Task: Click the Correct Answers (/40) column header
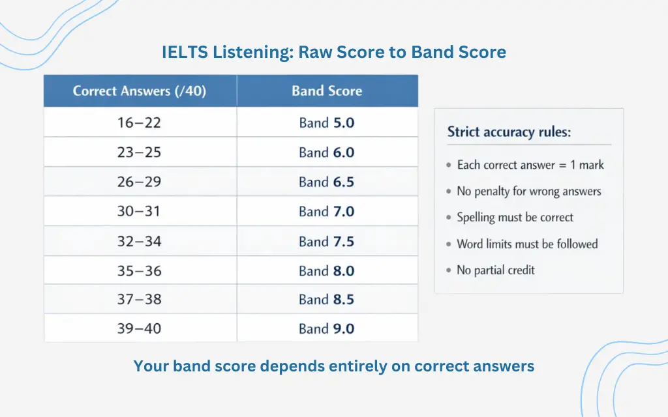[x=140, y=91]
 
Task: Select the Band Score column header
[x=327, y=91]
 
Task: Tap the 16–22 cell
[x=140, y=122]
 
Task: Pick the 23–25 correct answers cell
[x=140, y=152]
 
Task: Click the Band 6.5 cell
[x=327, y=182]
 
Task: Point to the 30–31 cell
[x=140, y=211]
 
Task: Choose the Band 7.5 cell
[x=327, y=241]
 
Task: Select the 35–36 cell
[x=140, y=270]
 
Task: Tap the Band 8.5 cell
[x=327, y=299]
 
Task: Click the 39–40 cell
[x=140, y=328]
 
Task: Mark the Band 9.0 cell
[x=327, y=328]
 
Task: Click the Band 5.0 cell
[x=327, y=122]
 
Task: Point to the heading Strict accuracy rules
[x=509, y=132]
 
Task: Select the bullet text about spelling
[x=515, y=218]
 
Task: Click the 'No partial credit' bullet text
[x=496, y=270]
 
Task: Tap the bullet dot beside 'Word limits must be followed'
[x=449, y=244]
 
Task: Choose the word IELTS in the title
[x=185, y=52]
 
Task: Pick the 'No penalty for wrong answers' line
[x=528, y=192]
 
